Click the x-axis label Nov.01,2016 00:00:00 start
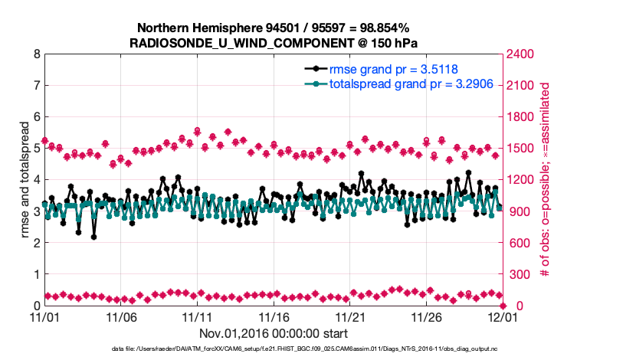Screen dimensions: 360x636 (x=274, y=333)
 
